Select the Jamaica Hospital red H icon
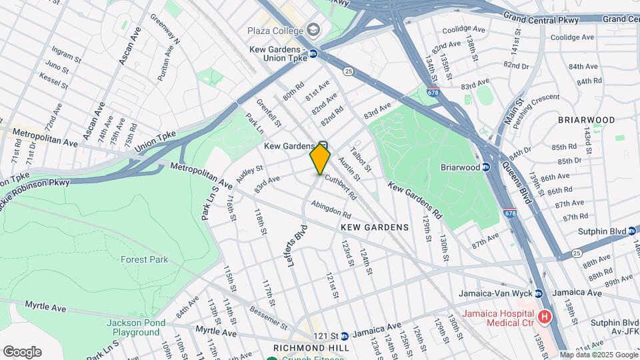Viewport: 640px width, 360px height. click(x=545, y=317)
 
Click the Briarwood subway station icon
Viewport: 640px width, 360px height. click(x=486, y=167)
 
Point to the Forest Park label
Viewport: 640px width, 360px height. click(x=145, y=260)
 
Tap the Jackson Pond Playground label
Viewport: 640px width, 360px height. click(x=132, y=327)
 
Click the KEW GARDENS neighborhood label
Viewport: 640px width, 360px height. click(x=375, y=227)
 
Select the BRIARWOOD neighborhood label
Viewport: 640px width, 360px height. click(x=587, y=120)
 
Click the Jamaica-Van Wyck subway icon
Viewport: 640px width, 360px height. click(x=539, y=293)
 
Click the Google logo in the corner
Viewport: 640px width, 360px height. click(x=22, y=351)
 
